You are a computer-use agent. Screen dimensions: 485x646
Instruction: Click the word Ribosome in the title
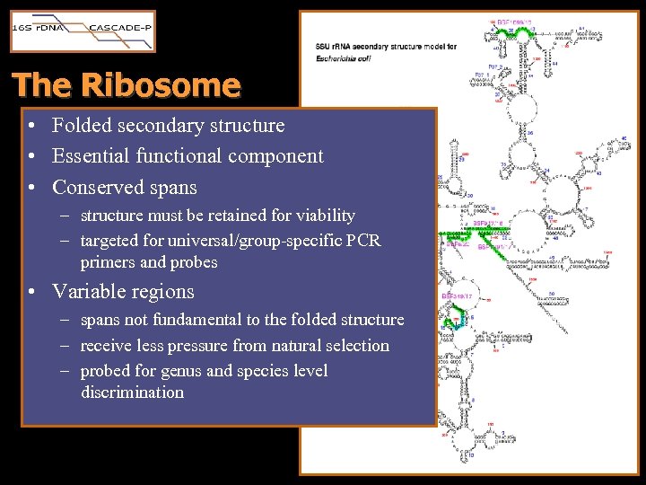[161, 85]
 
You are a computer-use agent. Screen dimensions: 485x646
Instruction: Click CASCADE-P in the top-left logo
[120, 28]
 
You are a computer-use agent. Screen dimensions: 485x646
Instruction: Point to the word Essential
[91, 156]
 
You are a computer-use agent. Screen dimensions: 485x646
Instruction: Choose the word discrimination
[132, 392]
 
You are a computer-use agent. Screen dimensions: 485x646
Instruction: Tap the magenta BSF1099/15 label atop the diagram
[515, 20]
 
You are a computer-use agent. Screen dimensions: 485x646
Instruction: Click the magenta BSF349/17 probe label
[458, 295]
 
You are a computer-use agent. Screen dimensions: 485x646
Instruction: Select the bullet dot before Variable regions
[31, 293]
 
